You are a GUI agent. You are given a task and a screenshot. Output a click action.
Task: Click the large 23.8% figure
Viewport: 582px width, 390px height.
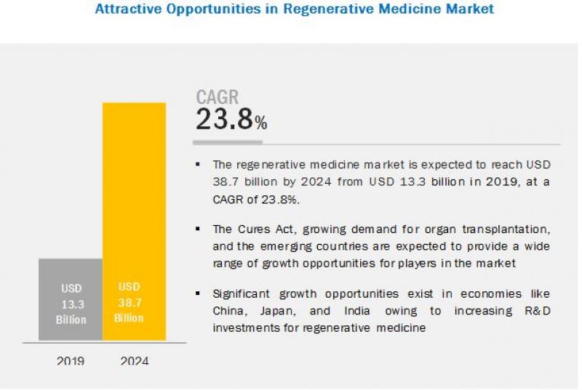tap(231, 120)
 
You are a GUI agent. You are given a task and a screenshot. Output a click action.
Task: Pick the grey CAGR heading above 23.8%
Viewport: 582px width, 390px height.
tap(217, 97)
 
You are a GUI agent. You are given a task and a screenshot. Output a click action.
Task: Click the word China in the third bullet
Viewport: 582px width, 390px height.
tap(230, 310)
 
